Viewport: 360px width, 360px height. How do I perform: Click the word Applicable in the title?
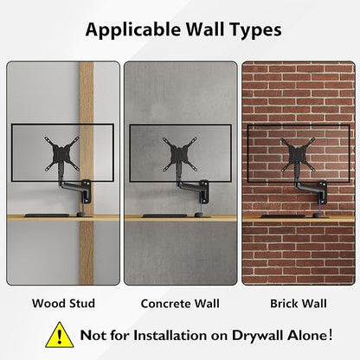tap(133, 30)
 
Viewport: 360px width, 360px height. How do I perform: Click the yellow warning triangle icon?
tap(60, 335)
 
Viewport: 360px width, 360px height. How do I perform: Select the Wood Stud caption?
tap(63, 304)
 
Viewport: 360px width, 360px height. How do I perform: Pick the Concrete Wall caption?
tap(180, 304)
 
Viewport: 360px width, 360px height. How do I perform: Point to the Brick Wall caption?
tap(299, 304)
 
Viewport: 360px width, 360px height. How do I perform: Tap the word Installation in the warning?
tap(170, 335)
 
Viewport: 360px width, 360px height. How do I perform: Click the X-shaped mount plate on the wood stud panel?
tap(61, 154)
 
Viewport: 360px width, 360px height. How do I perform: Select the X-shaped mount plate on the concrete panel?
tap(180, 154)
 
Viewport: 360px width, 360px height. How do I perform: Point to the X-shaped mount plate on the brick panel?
tap(298, 154)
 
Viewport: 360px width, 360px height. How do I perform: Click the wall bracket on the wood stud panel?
tap(87, 190)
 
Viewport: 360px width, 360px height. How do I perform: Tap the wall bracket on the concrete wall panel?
tap(204, 190)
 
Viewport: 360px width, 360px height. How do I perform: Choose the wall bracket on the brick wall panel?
tap(322, 191)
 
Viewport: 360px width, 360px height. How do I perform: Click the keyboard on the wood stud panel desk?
tap(47, 215)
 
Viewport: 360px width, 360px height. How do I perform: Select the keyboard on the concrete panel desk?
tap(164, 215)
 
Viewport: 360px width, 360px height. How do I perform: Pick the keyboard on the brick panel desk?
tap(283, 216)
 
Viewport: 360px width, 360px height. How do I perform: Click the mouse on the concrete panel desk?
tap(199, 215)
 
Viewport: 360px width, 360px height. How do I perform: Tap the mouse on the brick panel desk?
tap(317, 215)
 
